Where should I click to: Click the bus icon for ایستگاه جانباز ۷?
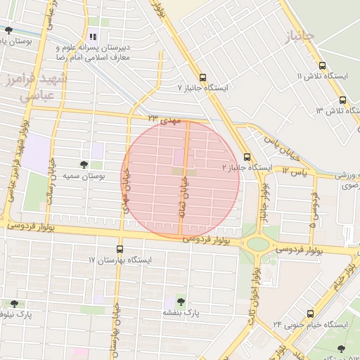coord(202,78)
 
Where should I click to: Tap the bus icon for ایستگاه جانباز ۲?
coord(247,157)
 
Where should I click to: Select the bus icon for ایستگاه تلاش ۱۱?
coord(322,65)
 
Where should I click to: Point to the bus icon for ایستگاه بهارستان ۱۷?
coord(119,249)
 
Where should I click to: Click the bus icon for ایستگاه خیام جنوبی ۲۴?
coord(309,314)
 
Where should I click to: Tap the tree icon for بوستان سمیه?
coord(84,165)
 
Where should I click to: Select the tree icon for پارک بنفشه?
coord(181,301)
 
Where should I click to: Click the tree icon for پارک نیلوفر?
coord(14,304)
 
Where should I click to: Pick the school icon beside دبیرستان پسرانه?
coord(92,37)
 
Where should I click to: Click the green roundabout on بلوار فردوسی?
coord(258,244)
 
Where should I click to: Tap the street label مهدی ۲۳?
coord(165,120)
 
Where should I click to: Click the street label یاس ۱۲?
coord(295,171)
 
